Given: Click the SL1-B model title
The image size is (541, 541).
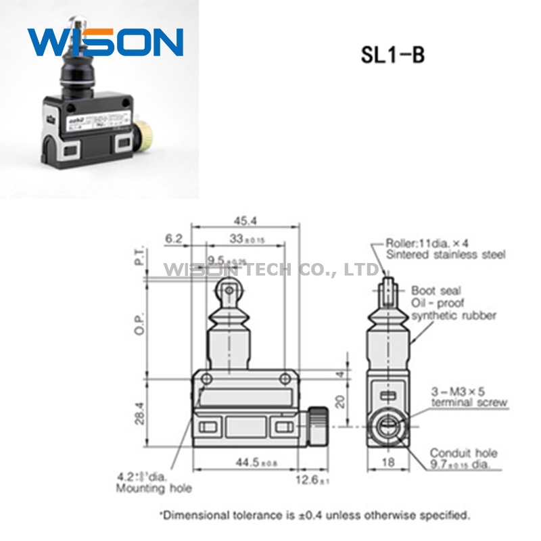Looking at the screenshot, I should coord(392,55).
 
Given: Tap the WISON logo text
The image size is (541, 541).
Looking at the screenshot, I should coord(105,42).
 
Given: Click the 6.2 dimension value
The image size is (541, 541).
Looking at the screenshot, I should coord(174,238).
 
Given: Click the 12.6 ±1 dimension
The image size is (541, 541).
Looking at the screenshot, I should coord(314,481).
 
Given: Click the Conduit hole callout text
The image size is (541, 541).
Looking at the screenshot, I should coord(464,453).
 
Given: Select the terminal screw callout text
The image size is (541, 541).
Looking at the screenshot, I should coord(469,403).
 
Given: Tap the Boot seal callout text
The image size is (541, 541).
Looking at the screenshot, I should coord(436,290).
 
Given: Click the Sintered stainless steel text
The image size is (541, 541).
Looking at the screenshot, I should coord(445,254).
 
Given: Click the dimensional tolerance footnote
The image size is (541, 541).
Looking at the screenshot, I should coord(314,515).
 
